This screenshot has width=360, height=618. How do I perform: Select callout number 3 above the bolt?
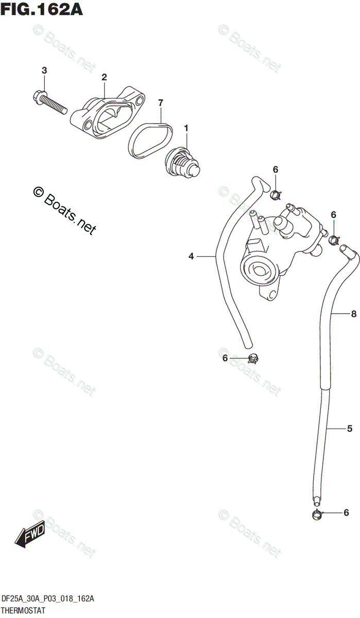tap(44, 70)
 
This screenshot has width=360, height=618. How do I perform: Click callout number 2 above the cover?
tap(104, 77)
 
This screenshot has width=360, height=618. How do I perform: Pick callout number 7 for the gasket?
tap(160, 103)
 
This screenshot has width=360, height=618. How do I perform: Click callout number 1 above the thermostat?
tap(186, 127)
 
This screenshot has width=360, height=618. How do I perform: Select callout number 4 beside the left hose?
tap(191, 256)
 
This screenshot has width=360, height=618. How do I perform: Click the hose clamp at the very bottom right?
tap(318, 513)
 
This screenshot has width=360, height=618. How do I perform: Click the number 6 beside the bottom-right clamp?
tap(346, 512)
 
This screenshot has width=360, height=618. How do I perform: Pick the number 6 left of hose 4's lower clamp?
tap(225, 358)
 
